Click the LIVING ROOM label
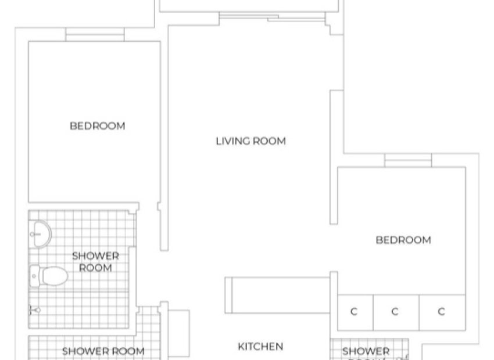(250, 141)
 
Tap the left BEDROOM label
(97, 125)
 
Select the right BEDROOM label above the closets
(403, 240)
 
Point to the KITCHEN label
(260, 346)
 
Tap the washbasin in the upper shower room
(41, 233)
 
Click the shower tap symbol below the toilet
(34, 311)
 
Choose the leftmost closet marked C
(355, 312)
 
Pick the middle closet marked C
(395, 312)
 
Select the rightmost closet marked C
(441, 312)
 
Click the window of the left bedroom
(95, 35)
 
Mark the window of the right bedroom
(407, 161)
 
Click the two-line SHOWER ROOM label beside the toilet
(95, 261)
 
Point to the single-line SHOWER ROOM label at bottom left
(103, 351)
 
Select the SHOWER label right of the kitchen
(366, 351)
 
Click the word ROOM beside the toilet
(95, 268)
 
